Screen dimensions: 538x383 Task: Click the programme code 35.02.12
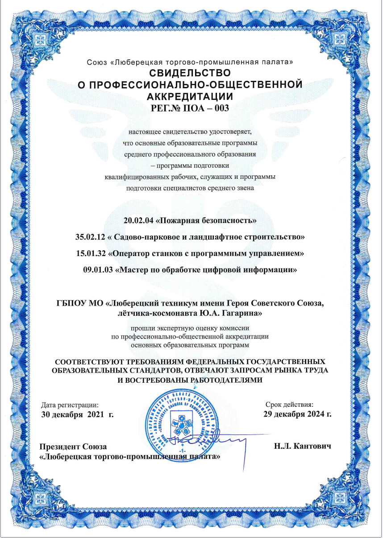91,237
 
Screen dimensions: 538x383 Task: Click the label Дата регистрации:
70,405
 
